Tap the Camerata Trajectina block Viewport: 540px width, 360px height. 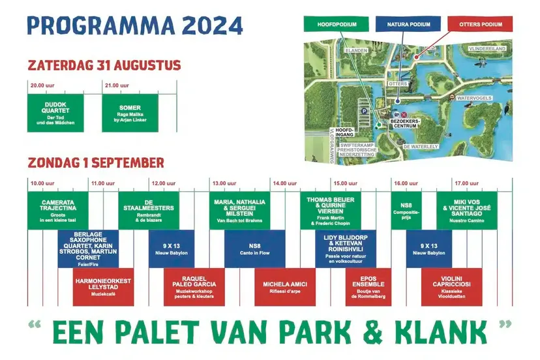[57, 210]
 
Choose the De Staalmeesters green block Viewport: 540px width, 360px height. [149, 210]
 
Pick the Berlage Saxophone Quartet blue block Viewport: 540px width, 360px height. [88, 248]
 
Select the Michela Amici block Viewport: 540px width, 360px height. [285, 287]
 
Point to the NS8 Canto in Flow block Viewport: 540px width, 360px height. [255, 248]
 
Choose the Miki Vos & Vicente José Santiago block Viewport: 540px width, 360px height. [466, 210]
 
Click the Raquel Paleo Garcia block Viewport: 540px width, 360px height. [194, 287]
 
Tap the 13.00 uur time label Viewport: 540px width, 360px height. [224, 183]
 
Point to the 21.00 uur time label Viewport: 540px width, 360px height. [116, 85]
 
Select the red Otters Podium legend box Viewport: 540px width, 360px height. [480, 25]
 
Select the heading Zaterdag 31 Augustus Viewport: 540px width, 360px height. [104, 65]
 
